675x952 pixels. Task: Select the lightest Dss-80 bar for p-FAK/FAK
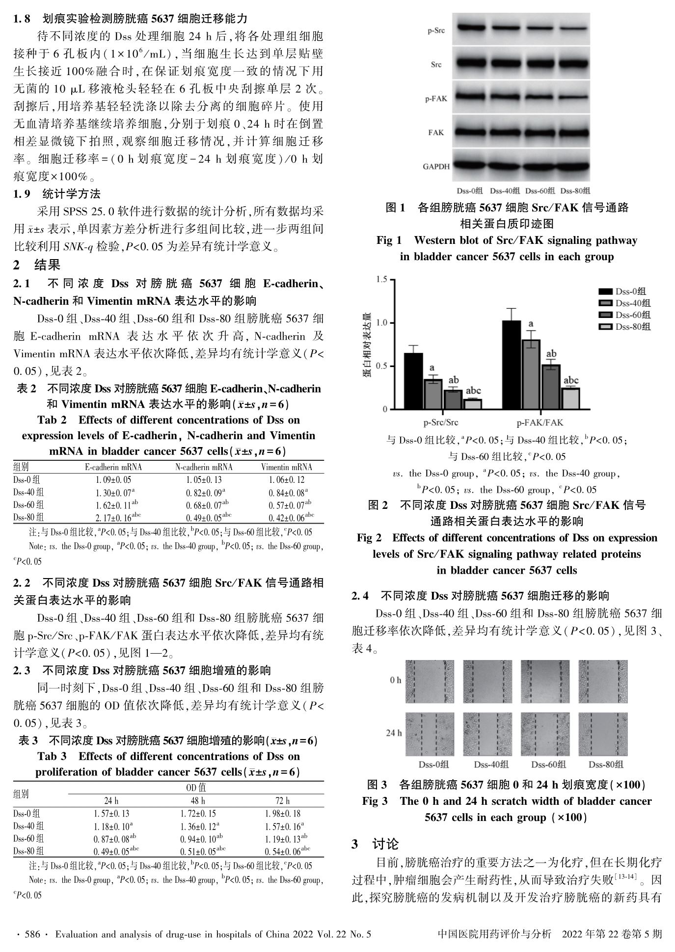coord(570,398)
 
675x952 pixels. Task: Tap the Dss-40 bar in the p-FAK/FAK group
coord(531,374)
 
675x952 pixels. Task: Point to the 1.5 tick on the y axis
coord(381,280)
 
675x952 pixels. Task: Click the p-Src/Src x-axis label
coord(441,422)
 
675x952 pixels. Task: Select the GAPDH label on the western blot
coord(436,166)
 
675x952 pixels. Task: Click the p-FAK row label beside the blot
coord(436,99)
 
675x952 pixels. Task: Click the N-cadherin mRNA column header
coord(204,467)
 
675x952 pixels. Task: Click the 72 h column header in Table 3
coord(282,800)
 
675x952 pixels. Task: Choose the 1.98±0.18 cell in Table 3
coord(282,814)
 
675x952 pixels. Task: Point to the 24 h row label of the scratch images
coord(394,733)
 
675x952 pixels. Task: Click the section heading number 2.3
coord(22,670)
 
